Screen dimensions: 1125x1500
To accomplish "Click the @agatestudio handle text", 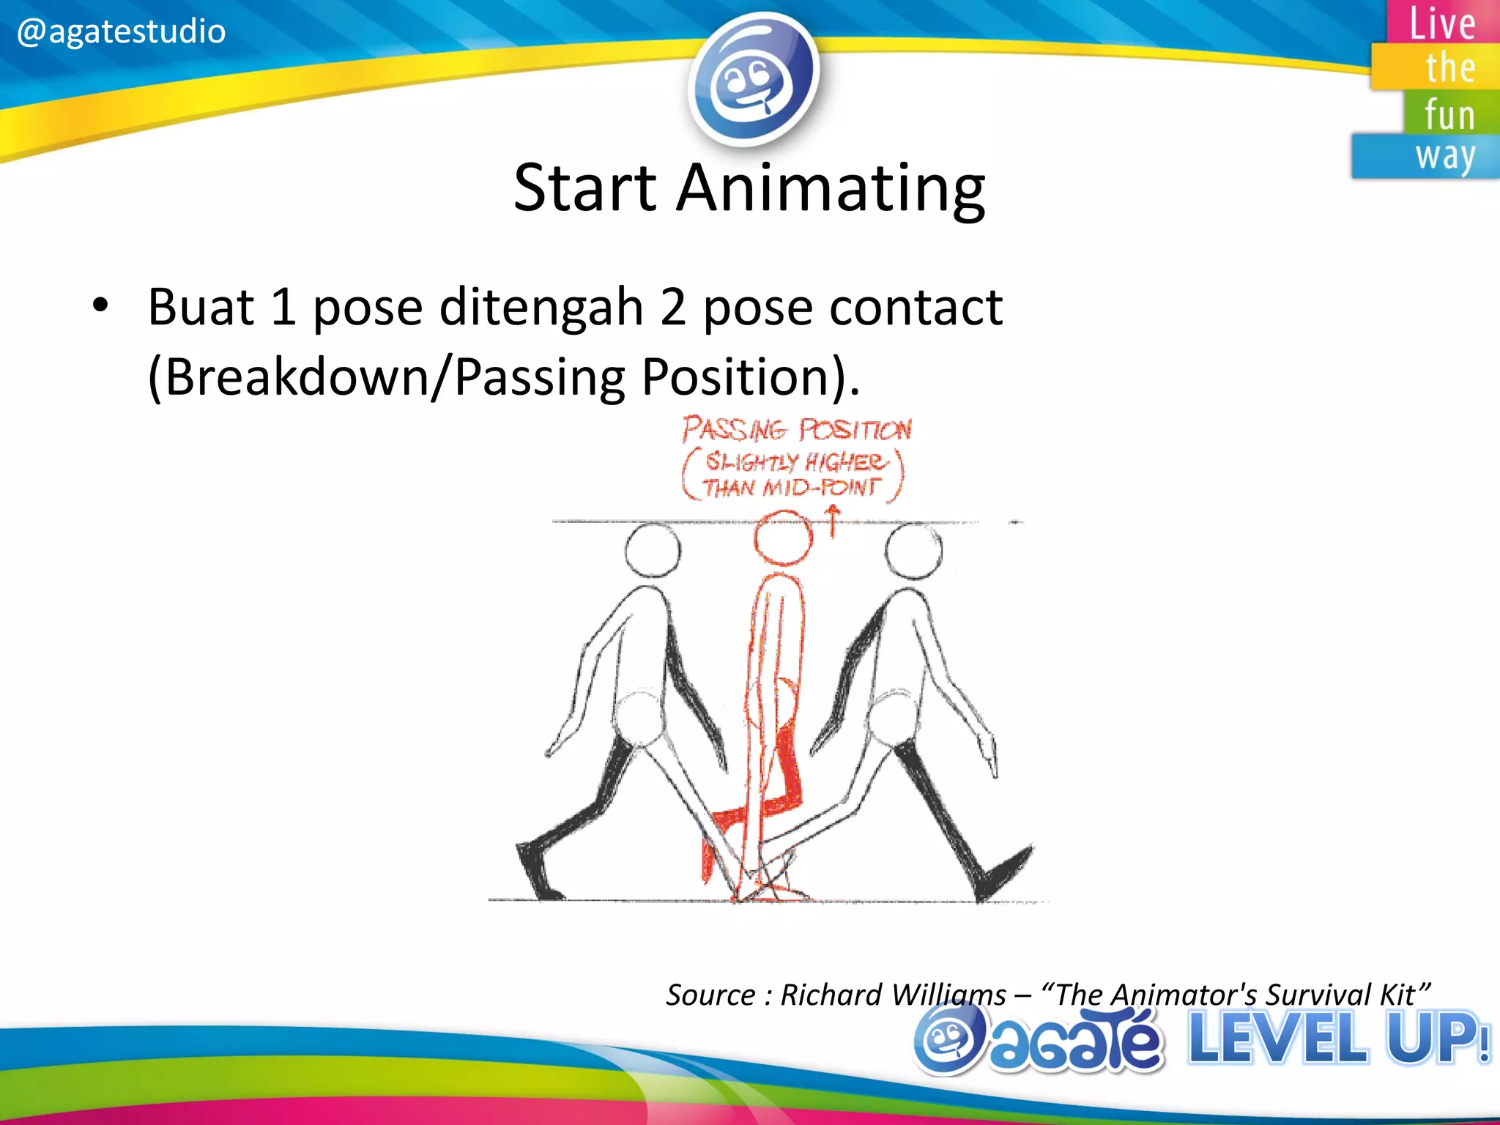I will coord(121,31).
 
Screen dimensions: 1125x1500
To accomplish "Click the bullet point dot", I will coord(100,305).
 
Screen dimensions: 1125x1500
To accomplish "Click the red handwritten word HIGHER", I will coord(846,462).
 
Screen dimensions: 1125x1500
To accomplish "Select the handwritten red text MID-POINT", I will coord(820,488).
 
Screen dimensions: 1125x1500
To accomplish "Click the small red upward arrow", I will coord(833,521).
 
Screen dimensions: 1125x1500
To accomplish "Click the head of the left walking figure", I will coord(653,550).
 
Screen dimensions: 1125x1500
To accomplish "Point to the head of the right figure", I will coord(913,551).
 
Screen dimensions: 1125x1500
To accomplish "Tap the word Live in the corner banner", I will coord(1442,23).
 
